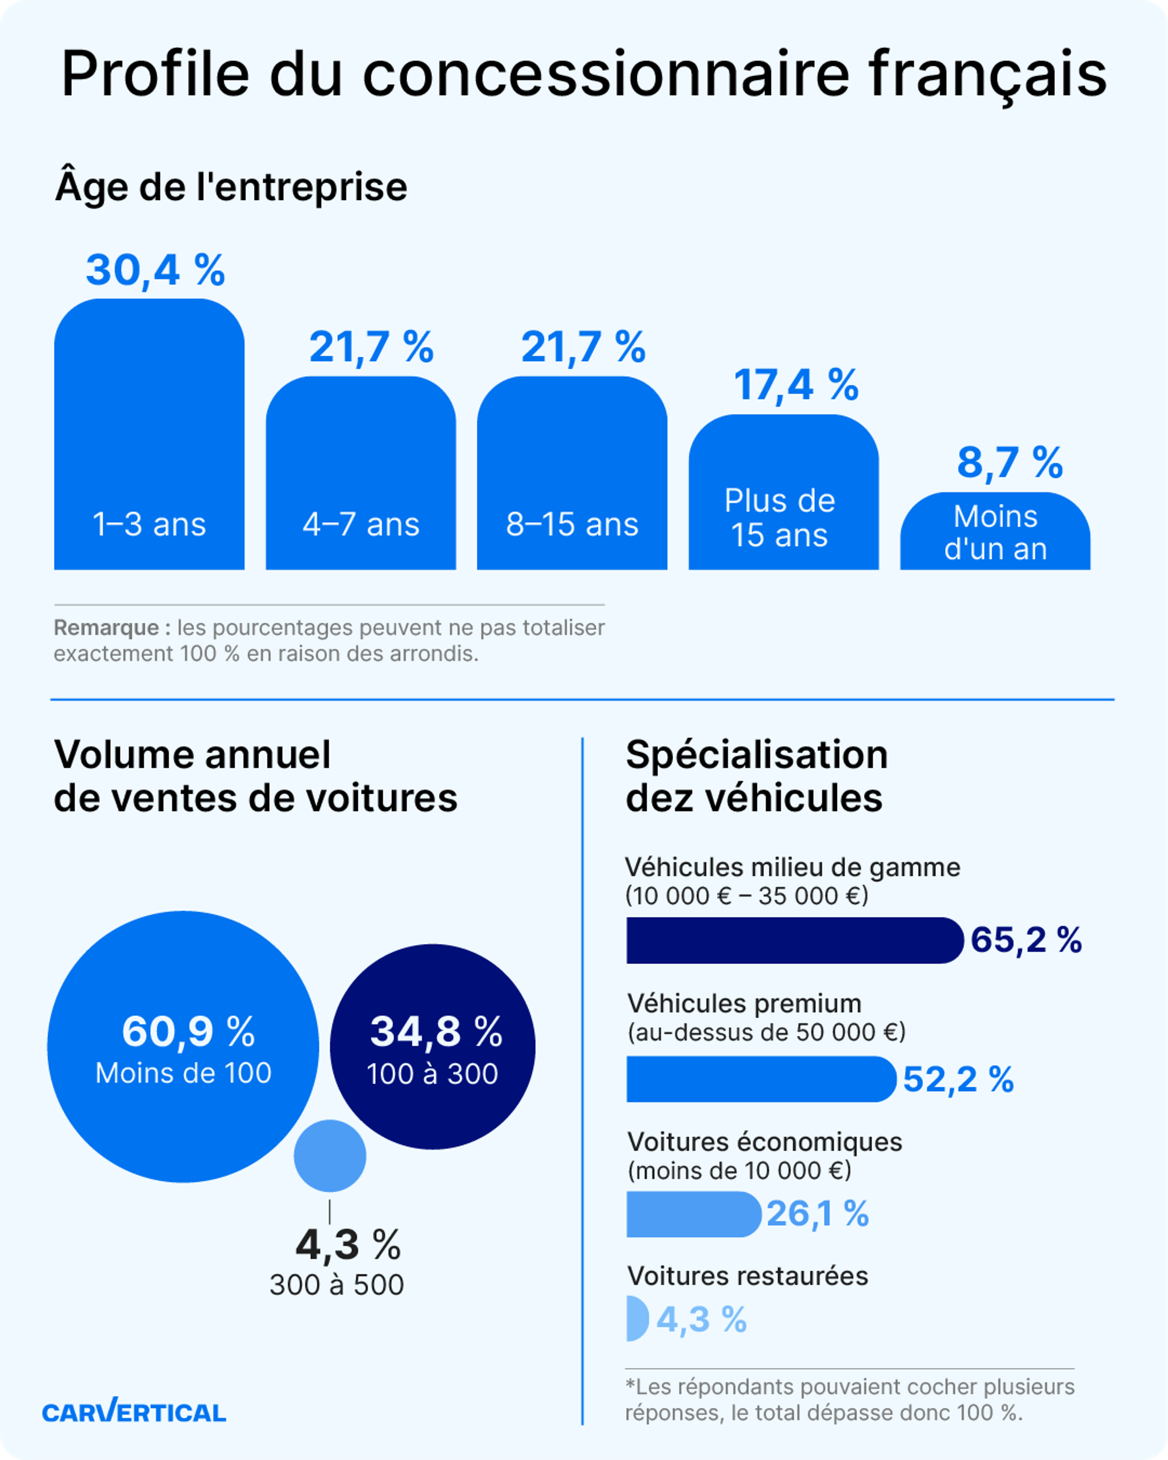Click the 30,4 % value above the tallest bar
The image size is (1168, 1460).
155,270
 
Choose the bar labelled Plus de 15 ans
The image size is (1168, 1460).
784,492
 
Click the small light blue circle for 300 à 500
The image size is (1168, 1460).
330,1156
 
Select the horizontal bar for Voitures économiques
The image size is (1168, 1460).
693,1214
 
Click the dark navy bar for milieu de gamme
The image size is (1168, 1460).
794,940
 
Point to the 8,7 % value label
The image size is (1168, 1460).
1010,463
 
